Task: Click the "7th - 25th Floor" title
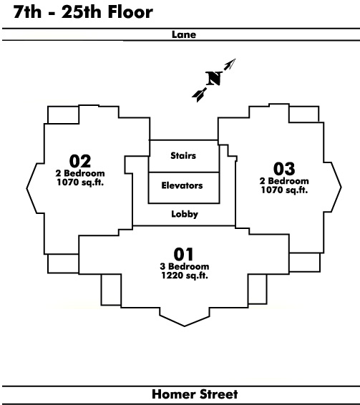click(x=83, y=12)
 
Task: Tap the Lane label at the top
click(x=184, y=34)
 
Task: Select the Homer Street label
click(x=195, y=394)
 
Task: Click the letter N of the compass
click(x=214, y=78)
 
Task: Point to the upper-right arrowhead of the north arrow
click(x=230, y=64)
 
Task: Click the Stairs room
click(x=184, y=156)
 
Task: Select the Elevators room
click(x=184, y=187)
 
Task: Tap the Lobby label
click(x=185, y=214)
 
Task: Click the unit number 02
click(x=80, y=161)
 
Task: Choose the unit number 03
click(x=284, y=169)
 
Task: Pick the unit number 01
click(x=183, y=254)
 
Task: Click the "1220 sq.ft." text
click(x=185, y=275)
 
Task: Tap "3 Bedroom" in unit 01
click(x=185, y=266)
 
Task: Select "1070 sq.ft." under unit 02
click(x=80, y=182)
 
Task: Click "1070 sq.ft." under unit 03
click(x=284, y=190)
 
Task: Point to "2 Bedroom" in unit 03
click(x=284, y=181)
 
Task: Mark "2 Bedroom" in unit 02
click(x=80, y=173)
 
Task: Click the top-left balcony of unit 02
click(x=63, y=114)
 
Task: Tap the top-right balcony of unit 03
click(x=304, y=114)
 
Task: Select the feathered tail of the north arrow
click(x=199, y=94)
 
